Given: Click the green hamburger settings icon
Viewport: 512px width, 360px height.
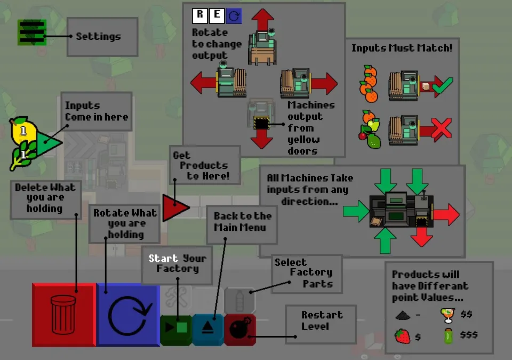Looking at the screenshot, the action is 31,32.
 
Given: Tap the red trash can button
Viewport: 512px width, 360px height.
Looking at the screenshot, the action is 64,315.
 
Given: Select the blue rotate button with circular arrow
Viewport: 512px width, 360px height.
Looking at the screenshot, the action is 129,315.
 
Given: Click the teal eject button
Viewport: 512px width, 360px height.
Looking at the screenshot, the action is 207,330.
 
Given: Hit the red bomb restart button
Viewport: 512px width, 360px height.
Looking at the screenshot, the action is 240,330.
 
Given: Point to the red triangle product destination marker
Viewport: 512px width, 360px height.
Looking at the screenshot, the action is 175,207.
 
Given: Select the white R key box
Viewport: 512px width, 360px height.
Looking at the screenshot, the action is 200,15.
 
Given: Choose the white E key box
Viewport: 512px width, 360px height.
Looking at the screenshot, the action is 217,15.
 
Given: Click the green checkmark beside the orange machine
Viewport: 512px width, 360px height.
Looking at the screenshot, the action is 443,85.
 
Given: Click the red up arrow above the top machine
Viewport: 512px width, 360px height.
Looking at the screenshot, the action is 262,20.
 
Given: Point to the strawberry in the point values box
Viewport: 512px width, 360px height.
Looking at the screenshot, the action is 402,336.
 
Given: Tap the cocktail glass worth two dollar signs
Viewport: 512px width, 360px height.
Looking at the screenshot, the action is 447,315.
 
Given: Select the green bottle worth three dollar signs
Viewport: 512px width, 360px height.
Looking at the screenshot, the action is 449,336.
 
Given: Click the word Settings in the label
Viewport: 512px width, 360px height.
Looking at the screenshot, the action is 98,37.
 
